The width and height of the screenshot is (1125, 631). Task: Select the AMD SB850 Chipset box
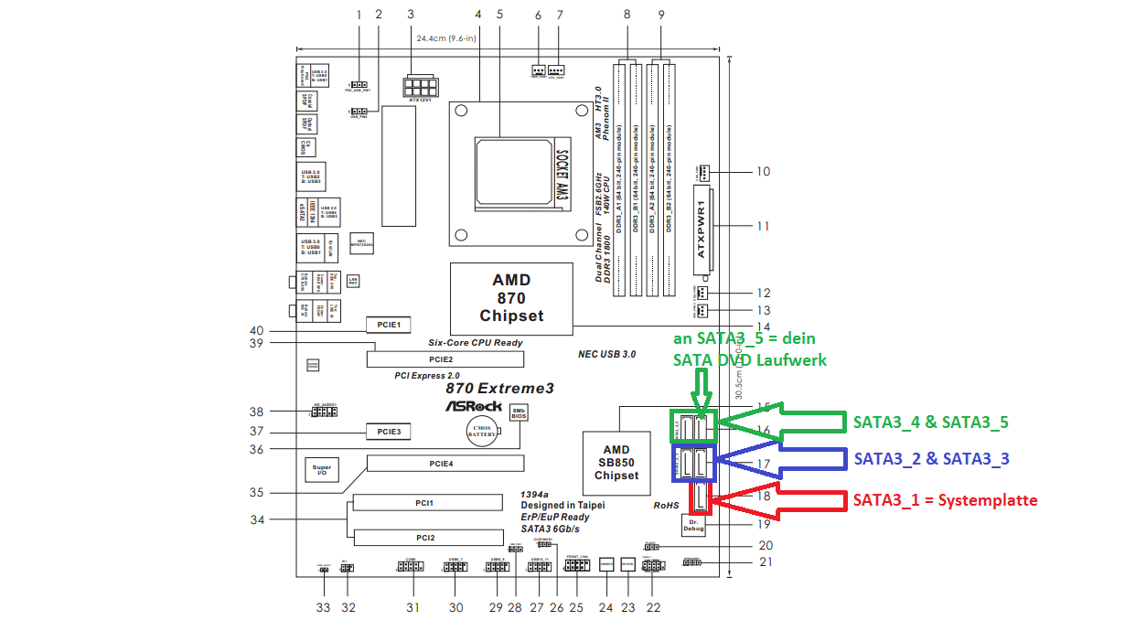pos(616,462)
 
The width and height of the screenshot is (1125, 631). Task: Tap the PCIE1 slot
pos(390,325)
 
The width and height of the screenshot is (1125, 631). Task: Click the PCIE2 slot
pos(441,359)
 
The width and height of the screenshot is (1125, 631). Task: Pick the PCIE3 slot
pos(390,430)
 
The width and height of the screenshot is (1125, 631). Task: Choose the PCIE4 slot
pos(441,464)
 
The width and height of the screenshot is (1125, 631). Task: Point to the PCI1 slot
pos(429,502)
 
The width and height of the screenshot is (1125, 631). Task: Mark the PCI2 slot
pos(429,537)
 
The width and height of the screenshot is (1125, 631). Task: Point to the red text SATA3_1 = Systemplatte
pos(945,500)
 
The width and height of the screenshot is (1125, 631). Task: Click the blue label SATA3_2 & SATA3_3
pos(931,458)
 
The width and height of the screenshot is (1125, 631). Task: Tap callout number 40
pos(256,331)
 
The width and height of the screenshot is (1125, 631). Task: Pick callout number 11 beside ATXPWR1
pos(763,226)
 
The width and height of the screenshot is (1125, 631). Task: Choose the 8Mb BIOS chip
pos(518,414)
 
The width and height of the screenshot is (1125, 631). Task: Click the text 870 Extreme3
pos(499,388)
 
